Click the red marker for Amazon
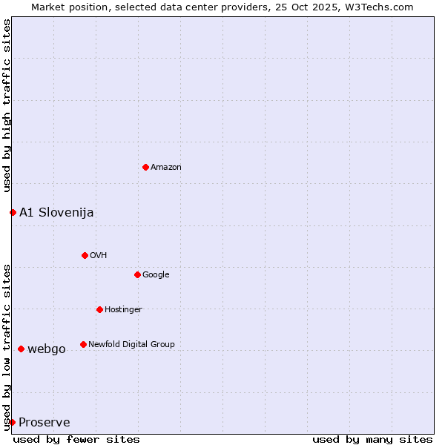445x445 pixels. [x=145, y=167]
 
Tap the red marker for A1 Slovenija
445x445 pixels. [x=13, y=212]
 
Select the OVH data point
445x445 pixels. [x=85, y=255]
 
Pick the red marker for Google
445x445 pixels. [x=137, y=274]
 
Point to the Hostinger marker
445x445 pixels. [x=99, y=309]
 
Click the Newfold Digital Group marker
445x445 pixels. [x=83, y=344]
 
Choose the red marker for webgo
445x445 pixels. [x=21, y=349]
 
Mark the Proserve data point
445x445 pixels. [x=12, y=422]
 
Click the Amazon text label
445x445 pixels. [x=166, y=168]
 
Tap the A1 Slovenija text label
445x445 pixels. [x=56, y=213]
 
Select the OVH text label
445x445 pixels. [x=99, y=256]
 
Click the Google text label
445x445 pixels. [x=156, y=275]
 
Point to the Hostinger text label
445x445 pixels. [x=123, y=310]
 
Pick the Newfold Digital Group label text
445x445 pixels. [x=131, y=345]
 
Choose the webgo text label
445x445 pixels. [x=47, y=349]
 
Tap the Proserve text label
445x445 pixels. [x=44, y=423]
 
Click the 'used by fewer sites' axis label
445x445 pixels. [x=76, y=439]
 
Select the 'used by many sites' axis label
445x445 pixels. [x=372, y=439]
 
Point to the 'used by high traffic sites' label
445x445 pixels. [x=7, y=106]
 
